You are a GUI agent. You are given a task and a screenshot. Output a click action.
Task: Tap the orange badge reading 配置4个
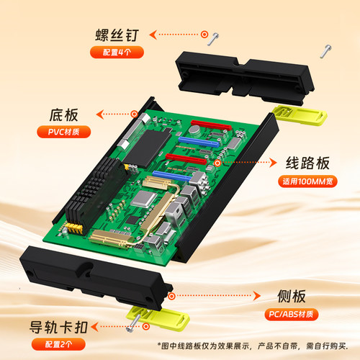coord(117,52)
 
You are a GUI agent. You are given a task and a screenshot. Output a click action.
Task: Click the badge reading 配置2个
coord(55,343)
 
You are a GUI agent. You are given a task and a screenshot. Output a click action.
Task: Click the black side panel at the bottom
coord(94,277)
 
